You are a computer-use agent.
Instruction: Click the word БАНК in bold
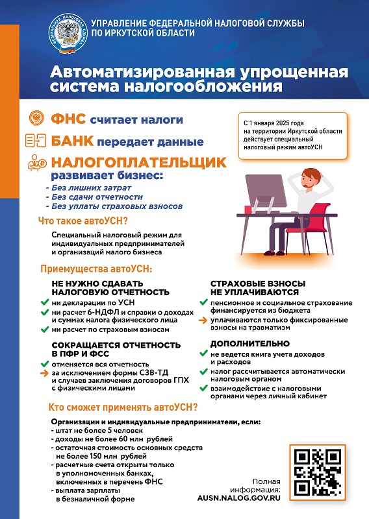(x=71, y=141)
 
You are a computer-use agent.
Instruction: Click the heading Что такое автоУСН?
(x=83, y=221)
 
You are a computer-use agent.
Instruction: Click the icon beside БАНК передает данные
(x=36, y=140)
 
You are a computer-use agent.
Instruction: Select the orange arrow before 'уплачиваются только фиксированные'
(x=203, y=320)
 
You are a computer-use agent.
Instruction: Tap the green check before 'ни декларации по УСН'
(x=46, y=302)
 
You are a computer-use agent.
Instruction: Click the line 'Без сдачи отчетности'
(x=94, y=197)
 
